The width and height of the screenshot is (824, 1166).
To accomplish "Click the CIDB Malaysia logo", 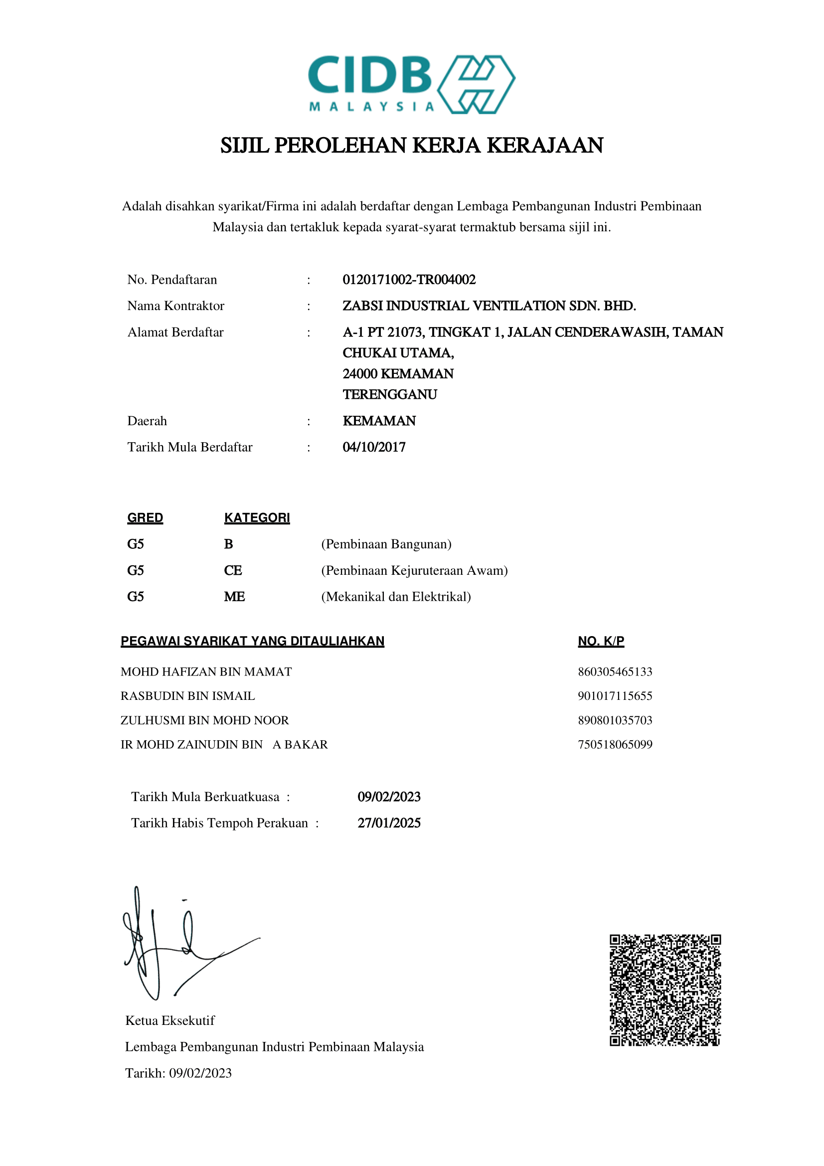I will pyautogui.click(x=411, y=84).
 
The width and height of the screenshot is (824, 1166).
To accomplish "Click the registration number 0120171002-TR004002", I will pyautogui.click(x=409, y=280).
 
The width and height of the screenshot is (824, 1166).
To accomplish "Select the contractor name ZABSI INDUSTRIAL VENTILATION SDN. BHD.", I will pyautogui.click(x=489, y=306).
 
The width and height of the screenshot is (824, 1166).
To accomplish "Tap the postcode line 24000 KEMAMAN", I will pyautogui.click(x=398, y=374).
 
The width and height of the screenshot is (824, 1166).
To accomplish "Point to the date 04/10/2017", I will pyautogui.click(x=374, y=447).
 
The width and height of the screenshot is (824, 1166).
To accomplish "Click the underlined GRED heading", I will pyautogui.click(x=145, y=518).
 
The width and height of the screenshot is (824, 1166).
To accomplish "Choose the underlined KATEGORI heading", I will pyautogui.click(x=257, y=518).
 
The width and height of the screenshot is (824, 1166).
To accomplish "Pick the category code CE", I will pyautogui.click(x=233, y=570).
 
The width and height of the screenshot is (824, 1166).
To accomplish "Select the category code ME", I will pyautogui.click(x=235, y=597).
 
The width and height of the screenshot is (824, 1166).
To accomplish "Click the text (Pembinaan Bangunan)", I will pyautogui.click(x=386, y=544).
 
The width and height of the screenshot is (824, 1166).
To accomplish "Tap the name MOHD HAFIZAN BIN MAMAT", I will pyautogui.click(x=206, y=672).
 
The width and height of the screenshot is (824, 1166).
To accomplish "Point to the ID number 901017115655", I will pyautogui.click(x=615, y=696).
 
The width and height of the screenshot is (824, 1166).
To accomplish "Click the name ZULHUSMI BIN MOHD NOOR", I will pyautogui.click(x=204, y=720).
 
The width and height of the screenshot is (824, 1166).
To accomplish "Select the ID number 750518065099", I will pyautogui.click(x=615, y=744).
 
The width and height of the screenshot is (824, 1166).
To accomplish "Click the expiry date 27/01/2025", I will pyautogui.click(x=389, y=823).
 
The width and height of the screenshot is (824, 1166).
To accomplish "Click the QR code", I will pyautogui.click(x=665, y=991).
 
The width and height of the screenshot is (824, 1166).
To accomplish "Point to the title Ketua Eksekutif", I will pyautogui.click(x=170, y=1021).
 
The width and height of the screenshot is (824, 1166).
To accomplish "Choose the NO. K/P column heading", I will pyautogui.click(x=601, y=641).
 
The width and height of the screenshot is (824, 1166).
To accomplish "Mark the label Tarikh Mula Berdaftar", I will pyautogui.click(x=190, y=447).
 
